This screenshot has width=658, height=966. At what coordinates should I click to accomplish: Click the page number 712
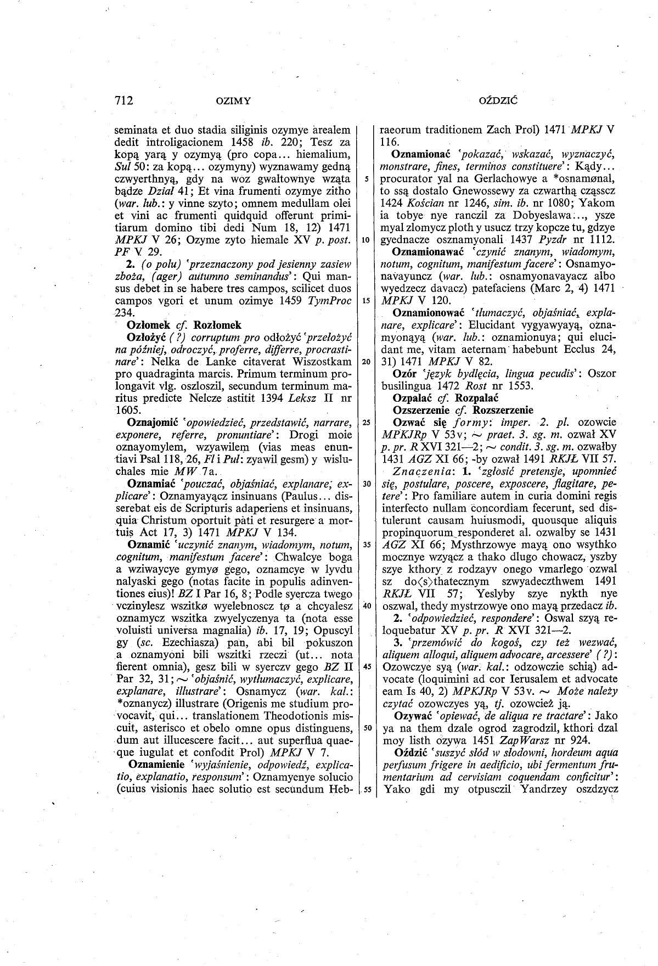[125, 100]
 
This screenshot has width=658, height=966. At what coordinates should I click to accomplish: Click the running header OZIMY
[233, 101]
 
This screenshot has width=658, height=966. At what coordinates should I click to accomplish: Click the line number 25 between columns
[365, 422]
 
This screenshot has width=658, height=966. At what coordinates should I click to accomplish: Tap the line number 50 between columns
[365, 728]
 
